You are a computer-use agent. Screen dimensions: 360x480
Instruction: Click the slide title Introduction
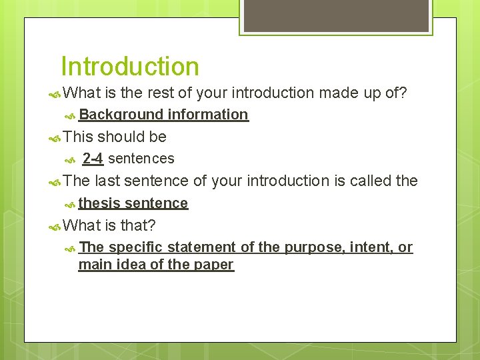(129, 67)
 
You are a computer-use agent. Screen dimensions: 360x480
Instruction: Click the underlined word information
(208, 115)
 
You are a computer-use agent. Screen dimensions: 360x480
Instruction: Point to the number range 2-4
(93, 159)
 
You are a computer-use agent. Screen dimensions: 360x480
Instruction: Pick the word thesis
(99, 203)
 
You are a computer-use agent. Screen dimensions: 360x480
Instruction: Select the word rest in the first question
(157, 93)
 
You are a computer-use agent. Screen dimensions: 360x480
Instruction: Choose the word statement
(201, 247)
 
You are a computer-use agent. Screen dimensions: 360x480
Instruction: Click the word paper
(214, 265)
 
